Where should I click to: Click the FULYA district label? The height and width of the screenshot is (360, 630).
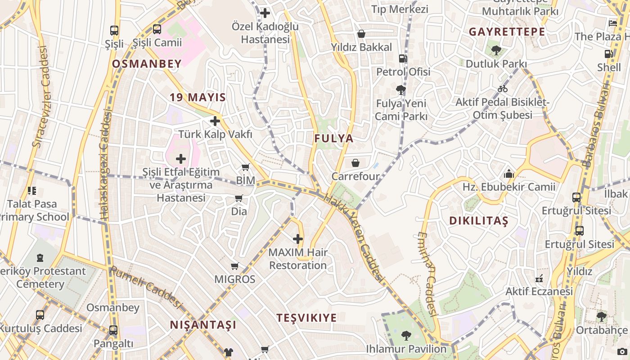pyautogui.click(x=334, y=139)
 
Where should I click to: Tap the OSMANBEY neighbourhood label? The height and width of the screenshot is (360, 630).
pyautogui.click(x=147, y=64)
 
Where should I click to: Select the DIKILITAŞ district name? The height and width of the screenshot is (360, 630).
pyautogui.click(x=479, y=221)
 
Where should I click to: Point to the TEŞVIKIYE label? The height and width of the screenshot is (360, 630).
pyautogui.click(x=306, y=318)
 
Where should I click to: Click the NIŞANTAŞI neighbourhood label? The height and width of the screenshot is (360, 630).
pyautogui.click(x=203, y=325)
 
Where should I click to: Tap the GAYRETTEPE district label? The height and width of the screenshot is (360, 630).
pyautogui.click(x=507, y=32)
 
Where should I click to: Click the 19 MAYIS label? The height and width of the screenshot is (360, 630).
pyautogui.click(x=198, y=97)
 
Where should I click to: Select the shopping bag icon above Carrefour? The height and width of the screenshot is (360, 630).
pyautogui.click(x=355, y=162)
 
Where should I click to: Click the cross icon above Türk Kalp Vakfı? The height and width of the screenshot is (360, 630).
pyautogui.click(x=215, y=121)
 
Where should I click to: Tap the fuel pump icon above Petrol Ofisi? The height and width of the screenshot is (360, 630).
pyautogui.click(x=403, y=58)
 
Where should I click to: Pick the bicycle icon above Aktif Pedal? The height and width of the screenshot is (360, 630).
pyautogui.click(x=503, y=89)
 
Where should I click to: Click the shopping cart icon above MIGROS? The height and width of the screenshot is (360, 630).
pyautogui.click(x=234, y=266)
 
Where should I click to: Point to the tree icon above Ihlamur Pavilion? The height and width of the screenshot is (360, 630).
pyautogui.click(x=406, y=335)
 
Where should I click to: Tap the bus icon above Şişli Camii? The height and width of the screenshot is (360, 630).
pyautogui.click(x=157, y=29)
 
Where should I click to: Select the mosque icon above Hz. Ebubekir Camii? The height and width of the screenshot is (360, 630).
pyautogui.click(x=509, y=173)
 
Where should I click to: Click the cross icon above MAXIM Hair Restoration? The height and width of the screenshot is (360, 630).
pyautogui.click(x=298, y=238)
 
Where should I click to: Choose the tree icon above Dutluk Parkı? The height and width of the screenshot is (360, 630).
pyautogui.click(x=496, y=50)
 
